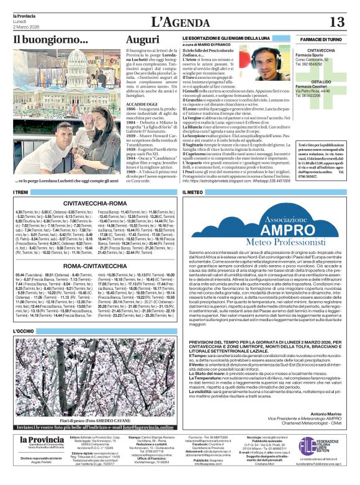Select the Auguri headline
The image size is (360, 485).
pos(142,40)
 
